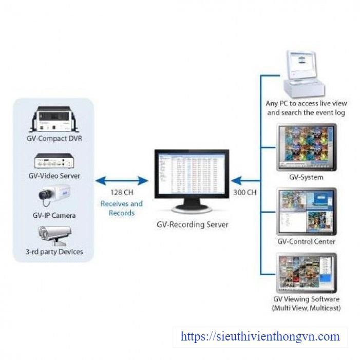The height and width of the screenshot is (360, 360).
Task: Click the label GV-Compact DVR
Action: (x=54, y=138)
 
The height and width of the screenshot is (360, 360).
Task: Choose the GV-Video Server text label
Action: (x=54, y=176)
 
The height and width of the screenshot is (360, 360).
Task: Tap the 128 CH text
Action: (x=122, y=193)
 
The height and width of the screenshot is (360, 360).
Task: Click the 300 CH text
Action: (x=244, y=193)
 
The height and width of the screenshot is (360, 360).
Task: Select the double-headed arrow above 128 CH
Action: (x=122, y=180)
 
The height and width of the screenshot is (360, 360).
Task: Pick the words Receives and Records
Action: (x=122, y=208)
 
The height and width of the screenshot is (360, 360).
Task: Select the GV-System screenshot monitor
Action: (x=307, y=147)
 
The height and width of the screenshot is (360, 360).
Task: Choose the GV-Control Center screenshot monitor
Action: (x=307, y=212)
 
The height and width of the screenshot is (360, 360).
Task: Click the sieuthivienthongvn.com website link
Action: (x=260, y=337)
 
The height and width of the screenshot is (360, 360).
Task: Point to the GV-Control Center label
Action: (x=307, y=241)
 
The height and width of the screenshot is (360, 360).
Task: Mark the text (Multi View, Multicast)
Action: (x=307, y=308)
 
